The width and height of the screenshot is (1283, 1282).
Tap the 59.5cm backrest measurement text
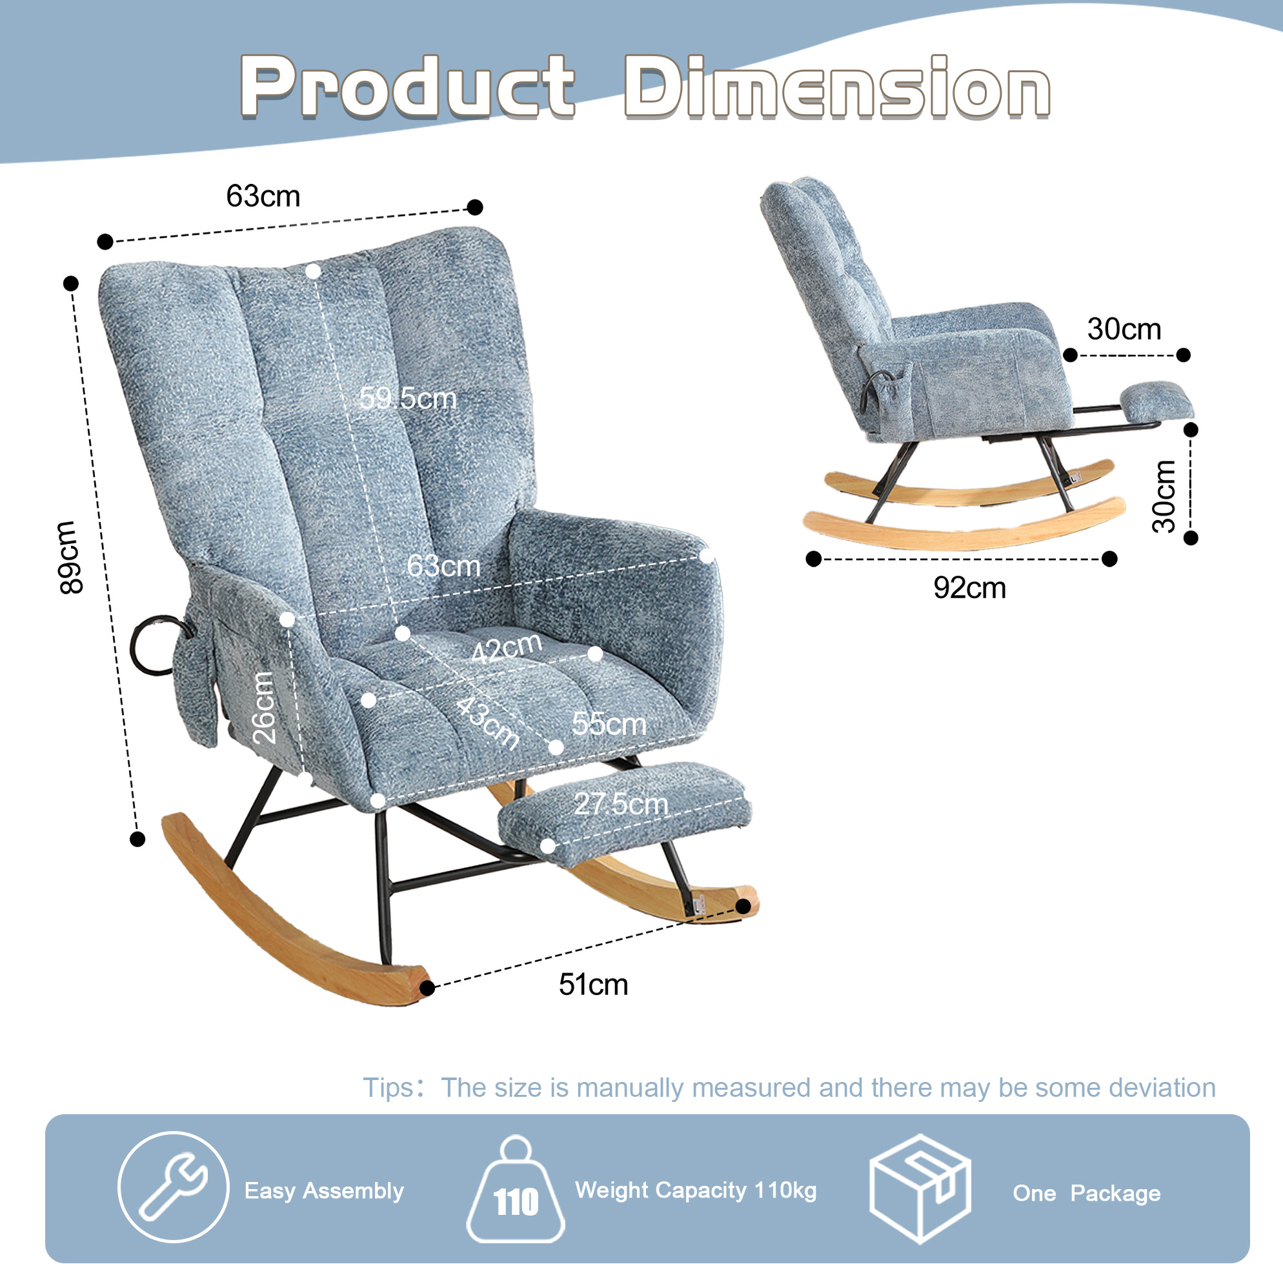tap(408, 398)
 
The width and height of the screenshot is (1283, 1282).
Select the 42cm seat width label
tap(507, 648)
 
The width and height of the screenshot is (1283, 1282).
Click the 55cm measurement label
tap(609, 724)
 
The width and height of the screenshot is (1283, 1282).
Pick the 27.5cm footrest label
tap(621, 804)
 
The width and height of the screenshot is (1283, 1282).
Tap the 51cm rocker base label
tap(593, 985)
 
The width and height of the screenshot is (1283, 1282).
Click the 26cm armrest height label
tap(264, 707)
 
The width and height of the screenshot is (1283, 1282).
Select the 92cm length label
tap(969, 588)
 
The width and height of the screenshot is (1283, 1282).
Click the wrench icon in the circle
tap(174, 1187)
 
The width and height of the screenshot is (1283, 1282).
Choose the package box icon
tap(920, 1188)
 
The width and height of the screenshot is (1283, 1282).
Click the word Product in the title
tap(408, 87)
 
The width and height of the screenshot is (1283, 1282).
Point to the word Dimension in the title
tap(838, 87)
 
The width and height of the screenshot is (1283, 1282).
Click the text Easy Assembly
tap(324, 1191)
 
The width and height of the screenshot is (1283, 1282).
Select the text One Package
tap(1086, 1193)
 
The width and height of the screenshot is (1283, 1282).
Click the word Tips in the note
tap(389, 1088)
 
